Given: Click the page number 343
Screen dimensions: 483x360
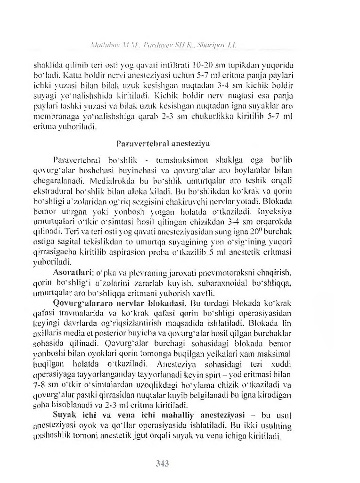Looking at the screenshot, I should (163, 463).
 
